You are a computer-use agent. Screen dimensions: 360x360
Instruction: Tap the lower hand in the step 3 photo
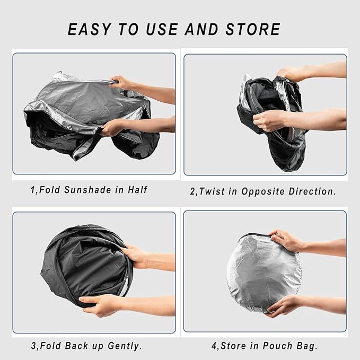pyautogui.click(x=103, y=304)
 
